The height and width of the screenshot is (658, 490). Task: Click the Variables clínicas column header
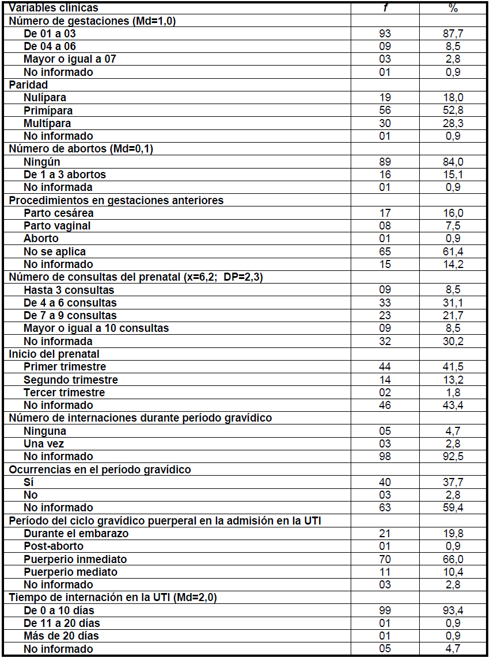point(54,7)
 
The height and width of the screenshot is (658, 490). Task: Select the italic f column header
point(385,7)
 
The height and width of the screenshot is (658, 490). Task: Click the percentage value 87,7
point(453,33)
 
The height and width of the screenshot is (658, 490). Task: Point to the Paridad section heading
point(28,85)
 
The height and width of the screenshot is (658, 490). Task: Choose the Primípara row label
point(48,110)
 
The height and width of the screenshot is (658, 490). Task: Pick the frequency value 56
point(385,110)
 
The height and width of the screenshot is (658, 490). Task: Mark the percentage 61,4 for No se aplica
point(453,251)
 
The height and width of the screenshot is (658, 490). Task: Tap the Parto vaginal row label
point(57,225)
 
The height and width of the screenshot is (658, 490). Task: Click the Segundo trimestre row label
point(71,380)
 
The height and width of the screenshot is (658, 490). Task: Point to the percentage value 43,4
point(453,405)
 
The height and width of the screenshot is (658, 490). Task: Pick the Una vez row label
point(44,443)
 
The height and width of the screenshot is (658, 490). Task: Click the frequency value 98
point(385,456)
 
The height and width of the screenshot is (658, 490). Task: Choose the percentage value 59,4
point(453,507)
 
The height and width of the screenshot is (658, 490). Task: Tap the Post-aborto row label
point(54,546)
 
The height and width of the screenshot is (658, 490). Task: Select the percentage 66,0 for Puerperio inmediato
point(453,559)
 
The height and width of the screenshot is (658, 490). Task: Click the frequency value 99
point(385,610)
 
